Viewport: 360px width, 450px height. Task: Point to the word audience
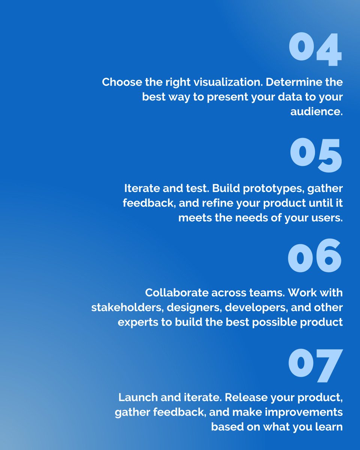316,111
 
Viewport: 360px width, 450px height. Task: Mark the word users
326,218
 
